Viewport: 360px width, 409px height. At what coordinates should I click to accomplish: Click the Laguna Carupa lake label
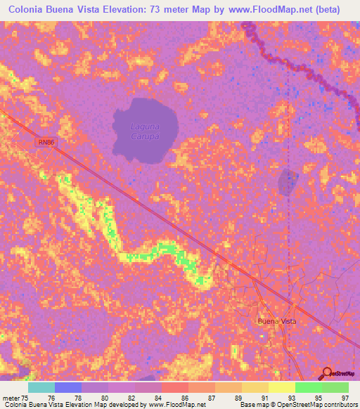click(x=144, y=131)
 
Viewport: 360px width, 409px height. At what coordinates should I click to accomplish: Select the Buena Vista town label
click(x=277, y=320)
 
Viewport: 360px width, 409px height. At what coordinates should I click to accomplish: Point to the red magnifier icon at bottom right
click(x=327, y=373)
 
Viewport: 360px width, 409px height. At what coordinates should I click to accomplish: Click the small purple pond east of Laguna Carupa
click(x=288, y=183)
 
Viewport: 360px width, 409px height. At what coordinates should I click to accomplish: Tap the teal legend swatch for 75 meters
click(x=41, y=387)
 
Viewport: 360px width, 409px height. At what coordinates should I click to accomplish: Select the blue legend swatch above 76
click(x=68, y=387)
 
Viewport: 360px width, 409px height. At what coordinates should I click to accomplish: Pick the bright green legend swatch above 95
click(x=308, y=387)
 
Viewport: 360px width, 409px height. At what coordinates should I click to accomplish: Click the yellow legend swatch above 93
click(x=281, y=387)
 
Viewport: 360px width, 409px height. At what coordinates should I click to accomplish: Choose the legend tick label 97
click(x=345, y=397)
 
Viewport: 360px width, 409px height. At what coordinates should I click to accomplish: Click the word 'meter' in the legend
click(x=12, y=397)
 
